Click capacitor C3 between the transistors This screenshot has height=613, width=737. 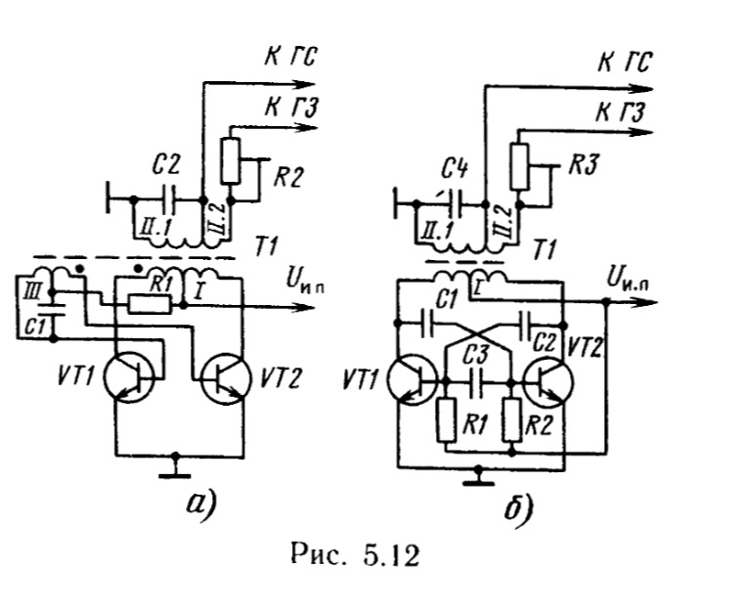(477, 378)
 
